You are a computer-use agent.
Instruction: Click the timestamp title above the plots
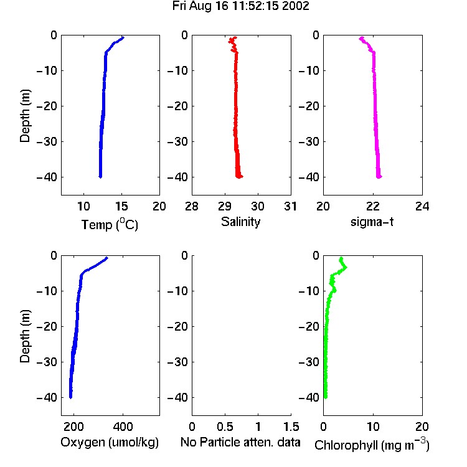(x=240, y=6)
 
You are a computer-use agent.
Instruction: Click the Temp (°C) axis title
(x=110, y=224)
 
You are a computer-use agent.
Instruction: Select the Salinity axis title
(x=240, y=222)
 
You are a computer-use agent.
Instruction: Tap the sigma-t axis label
(x=372, y=222)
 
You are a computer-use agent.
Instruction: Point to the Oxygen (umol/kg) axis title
(x=110, y=443)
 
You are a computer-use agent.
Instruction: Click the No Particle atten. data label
(x=240, y=442)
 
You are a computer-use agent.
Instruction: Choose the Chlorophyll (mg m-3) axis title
(x=372, y=445)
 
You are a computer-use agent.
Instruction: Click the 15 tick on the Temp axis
(x=121, y=206)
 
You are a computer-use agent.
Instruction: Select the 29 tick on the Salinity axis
(x=225, y=206)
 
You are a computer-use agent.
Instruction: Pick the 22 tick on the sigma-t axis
(x=373, y=206)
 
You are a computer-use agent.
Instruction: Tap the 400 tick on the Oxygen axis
(x=123, y=427)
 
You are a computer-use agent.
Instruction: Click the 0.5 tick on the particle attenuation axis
(x=225, y=427)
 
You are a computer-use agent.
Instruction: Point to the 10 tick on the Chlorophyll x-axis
(x=373, y=427)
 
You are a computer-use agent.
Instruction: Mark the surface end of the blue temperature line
(x=123, y=37)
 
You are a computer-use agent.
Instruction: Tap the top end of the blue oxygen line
(x=106, y=258)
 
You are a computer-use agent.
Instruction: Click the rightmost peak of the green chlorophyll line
(x=346, y=268)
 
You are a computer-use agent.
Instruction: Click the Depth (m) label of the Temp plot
(x=25, y=116)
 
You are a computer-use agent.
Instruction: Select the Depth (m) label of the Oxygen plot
(x=25, y=336)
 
